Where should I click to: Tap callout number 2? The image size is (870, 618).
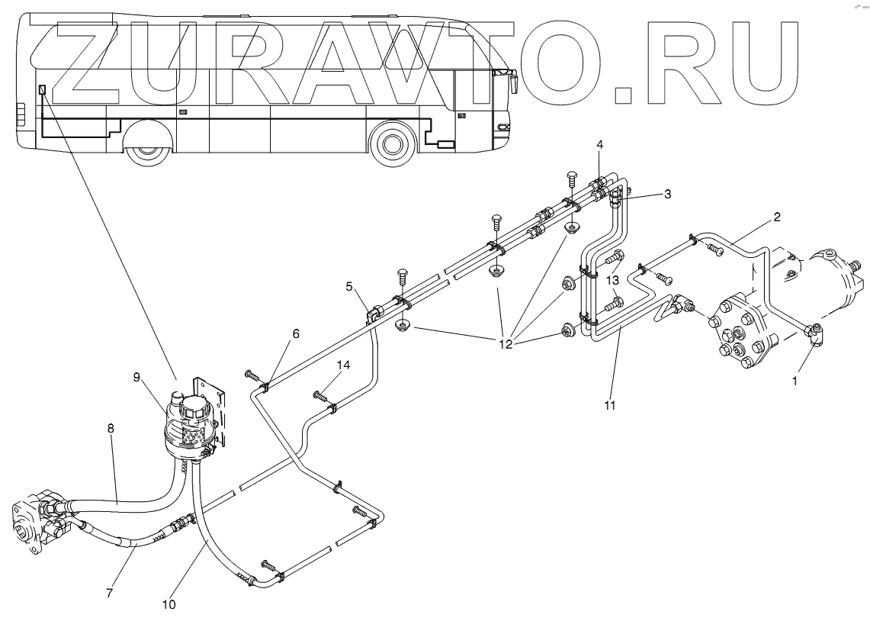pyautogui.click(x=777, y=217)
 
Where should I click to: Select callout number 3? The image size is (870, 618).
pyautogui.click(x=667, y=195)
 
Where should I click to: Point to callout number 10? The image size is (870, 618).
pyautogui.click(x=169, y=604)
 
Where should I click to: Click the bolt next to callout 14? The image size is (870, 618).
pyautogui.click(x=322, y=395)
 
